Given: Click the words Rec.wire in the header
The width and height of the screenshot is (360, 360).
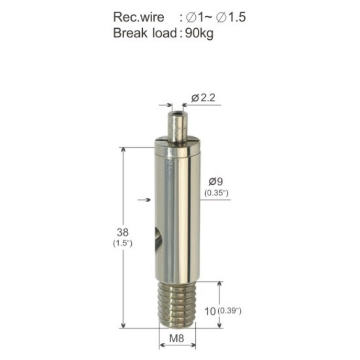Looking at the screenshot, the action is (139, 17).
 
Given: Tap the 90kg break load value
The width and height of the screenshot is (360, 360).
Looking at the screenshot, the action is (199, 33).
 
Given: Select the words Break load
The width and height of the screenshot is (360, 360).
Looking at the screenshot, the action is (145, 33).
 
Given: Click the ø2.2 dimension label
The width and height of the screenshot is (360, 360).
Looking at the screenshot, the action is (203, 98).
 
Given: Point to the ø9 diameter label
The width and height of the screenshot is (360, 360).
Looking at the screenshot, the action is (216, 182).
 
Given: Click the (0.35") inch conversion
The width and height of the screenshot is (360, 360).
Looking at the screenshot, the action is (217, 193).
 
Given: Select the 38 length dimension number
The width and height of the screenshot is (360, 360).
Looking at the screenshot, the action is (122, 232).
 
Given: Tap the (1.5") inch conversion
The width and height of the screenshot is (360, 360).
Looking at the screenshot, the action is (122, 243).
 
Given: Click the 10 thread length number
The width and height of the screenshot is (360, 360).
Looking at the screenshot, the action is (210, 311).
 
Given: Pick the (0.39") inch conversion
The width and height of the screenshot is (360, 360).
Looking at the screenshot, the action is (229, 311).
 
